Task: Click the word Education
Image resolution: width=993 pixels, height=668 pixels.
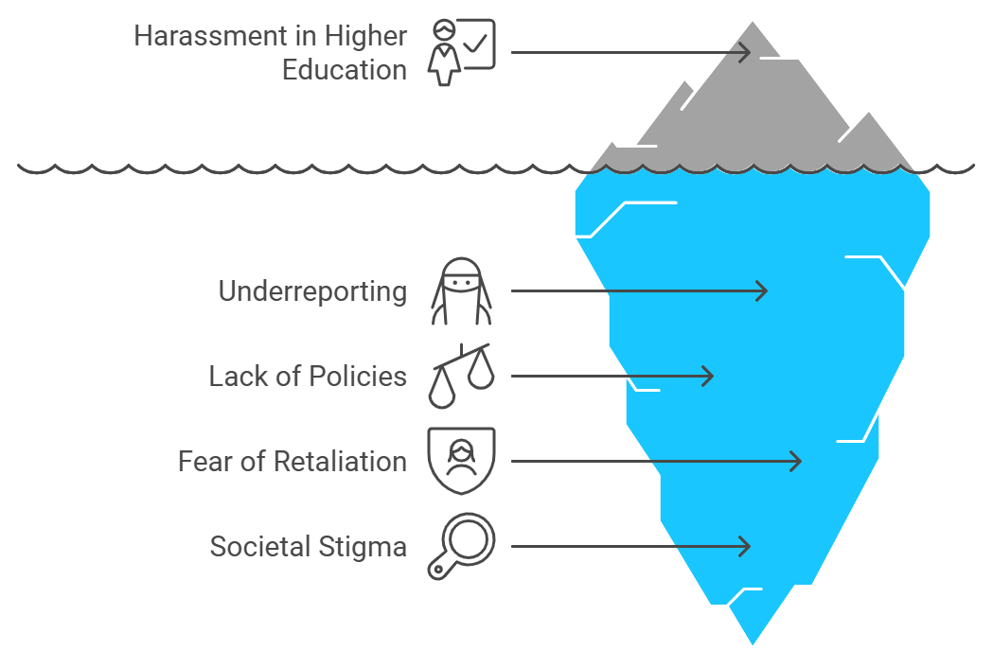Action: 344,70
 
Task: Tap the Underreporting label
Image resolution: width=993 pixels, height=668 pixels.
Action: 312,291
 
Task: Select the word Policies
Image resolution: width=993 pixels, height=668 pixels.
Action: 358,377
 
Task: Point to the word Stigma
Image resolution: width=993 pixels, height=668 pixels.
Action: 363,547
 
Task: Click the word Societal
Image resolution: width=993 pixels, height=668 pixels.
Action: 260,547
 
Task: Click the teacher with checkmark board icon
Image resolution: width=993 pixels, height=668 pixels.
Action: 461,53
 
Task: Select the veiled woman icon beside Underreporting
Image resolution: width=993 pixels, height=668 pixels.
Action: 461,291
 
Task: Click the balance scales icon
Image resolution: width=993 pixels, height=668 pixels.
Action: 461,377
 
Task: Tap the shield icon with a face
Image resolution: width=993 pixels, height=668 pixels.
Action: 461,461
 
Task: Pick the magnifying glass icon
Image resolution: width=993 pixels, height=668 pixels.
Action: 461,547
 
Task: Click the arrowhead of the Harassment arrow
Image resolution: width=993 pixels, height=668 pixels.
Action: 749,52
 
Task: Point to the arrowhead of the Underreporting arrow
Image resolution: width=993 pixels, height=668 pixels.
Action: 766,290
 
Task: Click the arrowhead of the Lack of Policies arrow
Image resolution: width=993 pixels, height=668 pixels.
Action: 713,377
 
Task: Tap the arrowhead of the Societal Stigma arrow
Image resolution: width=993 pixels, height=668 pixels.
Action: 749,547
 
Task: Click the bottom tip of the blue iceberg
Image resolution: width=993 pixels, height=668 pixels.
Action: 753,644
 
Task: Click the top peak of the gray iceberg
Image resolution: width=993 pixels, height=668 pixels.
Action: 753,23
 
